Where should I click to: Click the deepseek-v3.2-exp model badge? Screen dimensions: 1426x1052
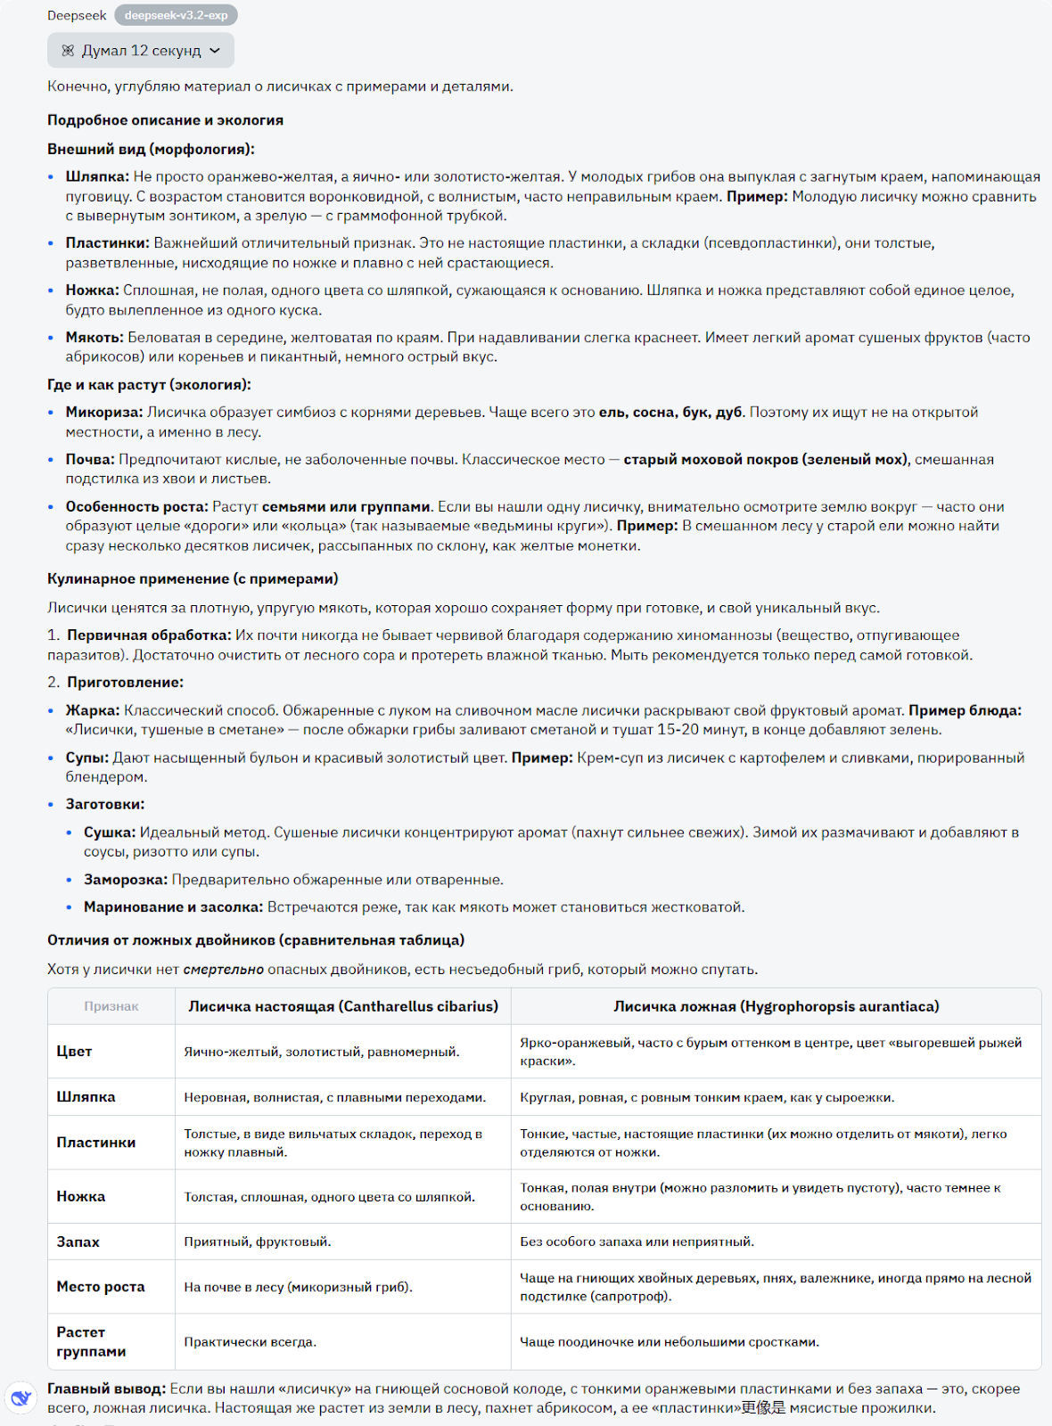(176, 15)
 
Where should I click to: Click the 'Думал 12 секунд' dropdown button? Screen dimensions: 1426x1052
(141, 51)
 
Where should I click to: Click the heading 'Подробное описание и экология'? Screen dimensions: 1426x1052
(165, 120)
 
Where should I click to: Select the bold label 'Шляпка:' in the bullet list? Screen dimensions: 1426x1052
(97, 176)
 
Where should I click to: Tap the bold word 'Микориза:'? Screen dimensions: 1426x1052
(103, 412)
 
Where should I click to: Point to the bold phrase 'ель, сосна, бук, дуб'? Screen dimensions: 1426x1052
(670, 412)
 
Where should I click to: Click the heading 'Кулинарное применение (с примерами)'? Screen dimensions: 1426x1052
(193, 578)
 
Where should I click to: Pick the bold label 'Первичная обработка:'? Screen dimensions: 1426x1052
(149, 635)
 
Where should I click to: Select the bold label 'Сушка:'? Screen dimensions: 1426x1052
(110, 832)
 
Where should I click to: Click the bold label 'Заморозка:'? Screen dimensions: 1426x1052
(126, 880)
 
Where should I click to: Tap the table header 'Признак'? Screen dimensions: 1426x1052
(111, 1006)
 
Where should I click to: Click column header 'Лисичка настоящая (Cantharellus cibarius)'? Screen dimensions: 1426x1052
(343, 1006)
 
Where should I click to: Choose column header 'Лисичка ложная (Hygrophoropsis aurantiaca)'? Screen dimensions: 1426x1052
(776, 1006)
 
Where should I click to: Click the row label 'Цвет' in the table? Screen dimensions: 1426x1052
(74, 1052)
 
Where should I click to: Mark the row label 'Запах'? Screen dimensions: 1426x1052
(78, 1242)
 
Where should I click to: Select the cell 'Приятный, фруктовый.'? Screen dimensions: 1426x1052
(258, 1242)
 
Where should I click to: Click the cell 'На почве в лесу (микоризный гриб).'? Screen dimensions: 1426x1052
(298, 1287)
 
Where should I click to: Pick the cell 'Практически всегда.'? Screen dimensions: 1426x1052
(251, 1341)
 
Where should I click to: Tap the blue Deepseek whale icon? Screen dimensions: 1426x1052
(21, 1398)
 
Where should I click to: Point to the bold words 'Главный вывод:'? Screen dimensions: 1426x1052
(106, 1389)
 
